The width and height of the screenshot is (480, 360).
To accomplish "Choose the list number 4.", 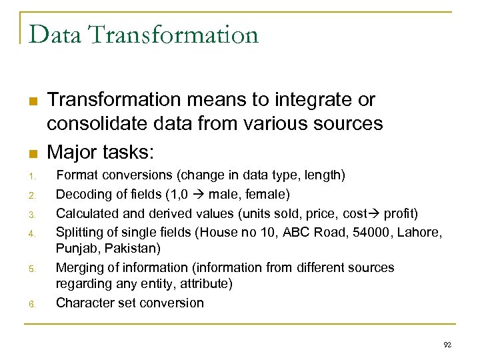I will coord(31,234).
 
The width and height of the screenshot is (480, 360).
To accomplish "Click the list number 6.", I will coord(31,305).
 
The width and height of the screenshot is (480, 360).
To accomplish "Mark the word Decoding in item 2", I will coord(83,195).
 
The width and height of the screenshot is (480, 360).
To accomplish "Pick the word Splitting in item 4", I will coord(81,231).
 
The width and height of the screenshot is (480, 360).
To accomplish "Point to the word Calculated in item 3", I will coord(86,213).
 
